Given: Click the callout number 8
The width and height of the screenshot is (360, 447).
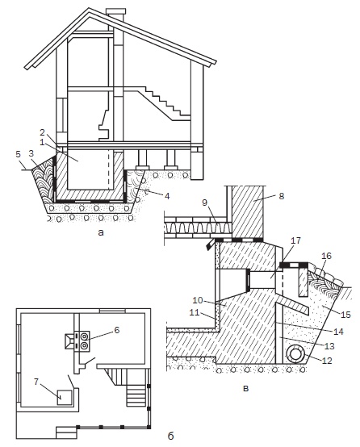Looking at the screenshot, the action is (x=281, y=196).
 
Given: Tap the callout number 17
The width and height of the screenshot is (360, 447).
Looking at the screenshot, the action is (x=295, y=240).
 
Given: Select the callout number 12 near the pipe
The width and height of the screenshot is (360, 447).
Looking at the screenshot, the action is (x=327, y=361).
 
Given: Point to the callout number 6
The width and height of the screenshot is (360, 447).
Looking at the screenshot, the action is (x=117, y=330).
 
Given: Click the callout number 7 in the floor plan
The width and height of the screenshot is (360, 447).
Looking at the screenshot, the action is (x=36, y=382).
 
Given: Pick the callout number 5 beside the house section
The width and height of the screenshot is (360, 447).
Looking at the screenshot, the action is (x=19, y=154).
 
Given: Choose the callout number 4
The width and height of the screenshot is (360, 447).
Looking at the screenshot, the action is (x=167, y=196).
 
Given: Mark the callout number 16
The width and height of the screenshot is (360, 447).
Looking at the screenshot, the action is (x=326, y=256).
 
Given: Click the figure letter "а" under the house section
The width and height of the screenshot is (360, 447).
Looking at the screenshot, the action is (x=100, y=232).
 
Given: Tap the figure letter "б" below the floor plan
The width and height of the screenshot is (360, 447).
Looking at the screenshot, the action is (x=170, y=437).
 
